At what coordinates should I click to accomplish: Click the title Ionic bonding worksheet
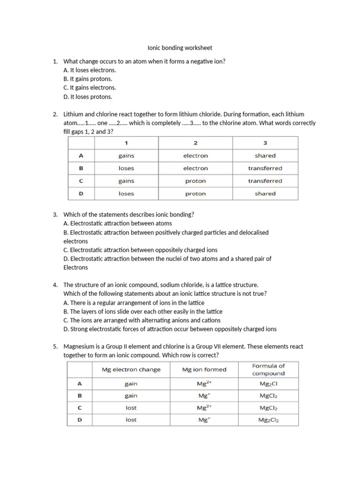click(x=180, y=48)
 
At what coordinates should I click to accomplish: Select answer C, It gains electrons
click(x=90, y=88)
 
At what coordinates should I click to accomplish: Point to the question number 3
click(x=55, y=214)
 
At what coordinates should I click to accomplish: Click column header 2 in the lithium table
click(x=195, y=142)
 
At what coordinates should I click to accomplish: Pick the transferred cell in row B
click(x=265, y=168)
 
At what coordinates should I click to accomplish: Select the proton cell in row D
click(x=195, y=194)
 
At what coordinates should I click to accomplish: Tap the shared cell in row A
click(x=265, y=156)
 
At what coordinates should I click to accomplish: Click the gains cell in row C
click(x=126, y=181)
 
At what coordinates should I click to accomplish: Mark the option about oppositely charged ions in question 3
click(x=140, y=250)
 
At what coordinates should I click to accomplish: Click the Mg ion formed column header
click(x=204, y=369)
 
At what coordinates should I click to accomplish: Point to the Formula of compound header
click(x=268, y=369)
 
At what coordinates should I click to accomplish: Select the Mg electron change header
click(x=131, y=369)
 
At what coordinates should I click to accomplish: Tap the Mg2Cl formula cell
click(x=268, y=384)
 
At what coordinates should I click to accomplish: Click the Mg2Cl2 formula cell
click(x=268, y=420)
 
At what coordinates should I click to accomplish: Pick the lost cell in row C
click(x=131, y=408)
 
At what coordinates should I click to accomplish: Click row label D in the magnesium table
click(x=79, y=420)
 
